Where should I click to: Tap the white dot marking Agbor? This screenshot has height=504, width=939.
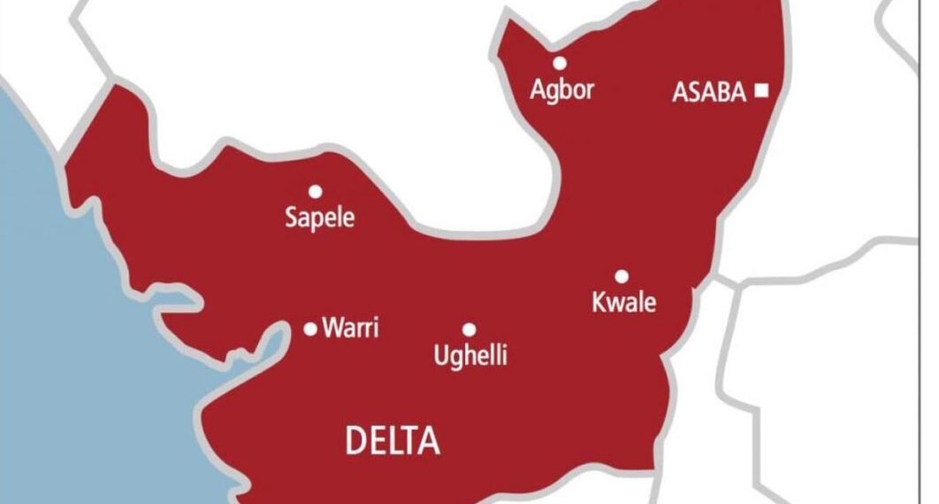point(560,63)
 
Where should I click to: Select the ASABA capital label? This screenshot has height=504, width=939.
point(709,92)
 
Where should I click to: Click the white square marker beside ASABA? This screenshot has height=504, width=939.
point(762,90)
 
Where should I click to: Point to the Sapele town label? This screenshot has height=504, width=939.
point(319,218)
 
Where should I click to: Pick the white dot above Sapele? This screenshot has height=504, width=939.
point(314,191)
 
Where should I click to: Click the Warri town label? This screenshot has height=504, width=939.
point(351,329)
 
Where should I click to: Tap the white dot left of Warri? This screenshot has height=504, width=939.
point(310,329)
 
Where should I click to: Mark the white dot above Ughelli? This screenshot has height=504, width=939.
point(469,329)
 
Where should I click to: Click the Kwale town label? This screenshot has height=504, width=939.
point(624,302)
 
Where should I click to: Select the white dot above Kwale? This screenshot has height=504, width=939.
point(622,276)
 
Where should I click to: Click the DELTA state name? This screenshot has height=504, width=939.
point(393,440)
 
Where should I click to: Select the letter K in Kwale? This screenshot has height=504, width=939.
point(599,302)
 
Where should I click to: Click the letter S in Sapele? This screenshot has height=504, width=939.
point(291,217)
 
